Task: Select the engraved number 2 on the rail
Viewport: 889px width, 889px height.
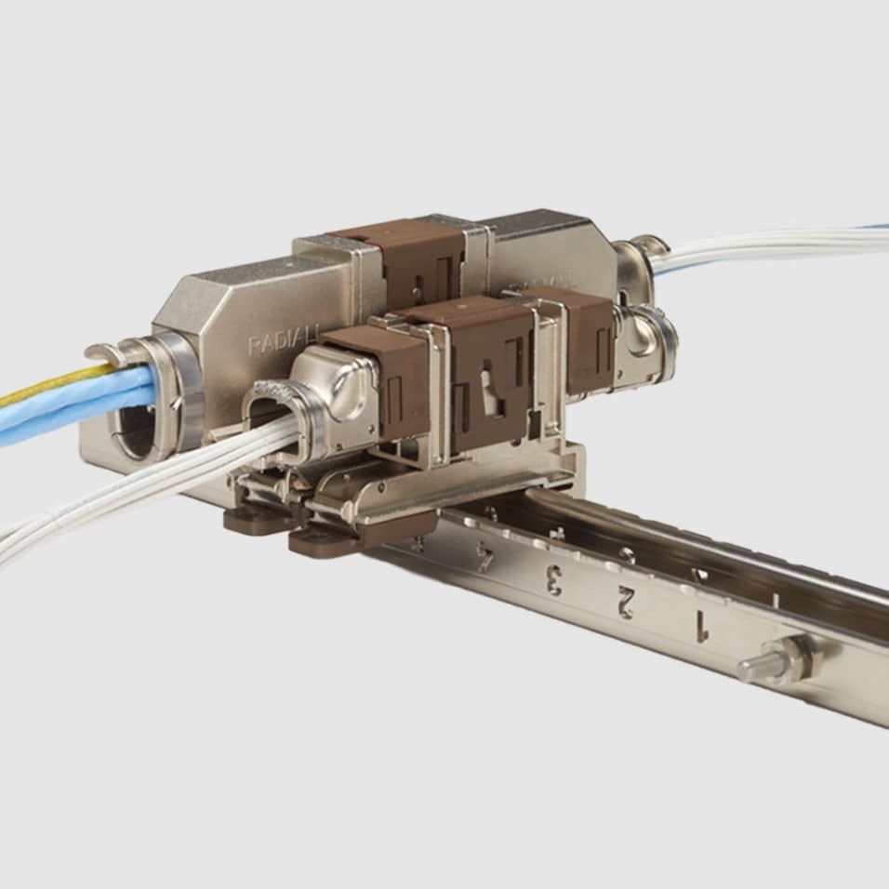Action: coord(624,604)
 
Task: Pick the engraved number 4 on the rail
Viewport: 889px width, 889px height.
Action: coord(484,557)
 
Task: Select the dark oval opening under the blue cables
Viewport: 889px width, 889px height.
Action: coord(136,432)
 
